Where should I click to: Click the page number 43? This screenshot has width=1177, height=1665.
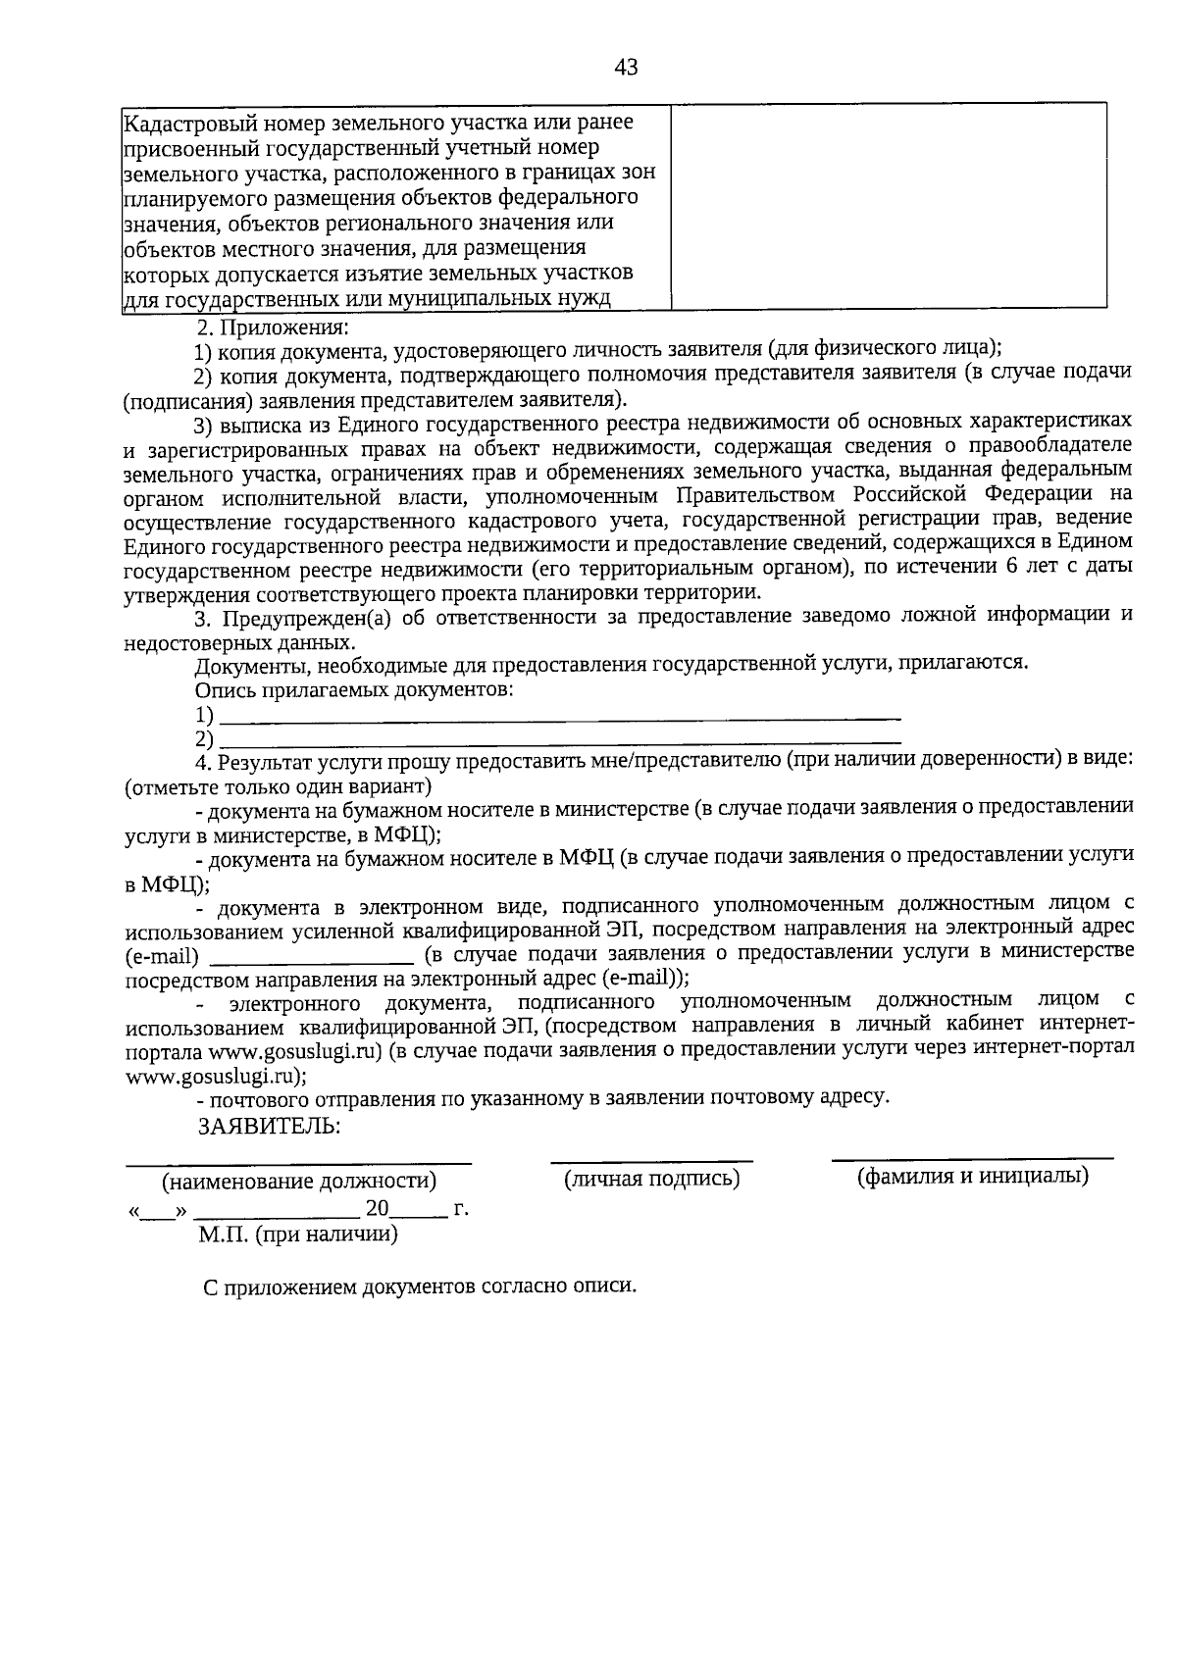[626, 68]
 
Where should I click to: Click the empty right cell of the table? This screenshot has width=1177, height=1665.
[889, 206]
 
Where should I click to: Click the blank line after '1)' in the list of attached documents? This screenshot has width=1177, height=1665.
[559, 719]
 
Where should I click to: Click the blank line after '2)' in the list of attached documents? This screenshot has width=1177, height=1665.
[559, 742]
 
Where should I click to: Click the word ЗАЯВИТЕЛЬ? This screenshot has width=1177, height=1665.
[269, 1126]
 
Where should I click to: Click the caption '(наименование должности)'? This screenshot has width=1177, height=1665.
[299, 1182]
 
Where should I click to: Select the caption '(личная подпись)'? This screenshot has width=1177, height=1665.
[651, 1179]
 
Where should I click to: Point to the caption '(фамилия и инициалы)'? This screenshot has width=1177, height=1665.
[972, 1176]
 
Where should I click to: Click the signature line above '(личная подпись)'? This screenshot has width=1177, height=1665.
[651, 1160]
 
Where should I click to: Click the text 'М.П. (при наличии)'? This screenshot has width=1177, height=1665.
[298, 1235]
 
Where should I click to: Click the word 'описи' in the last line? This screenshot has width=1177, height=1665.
[607, 1287]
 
